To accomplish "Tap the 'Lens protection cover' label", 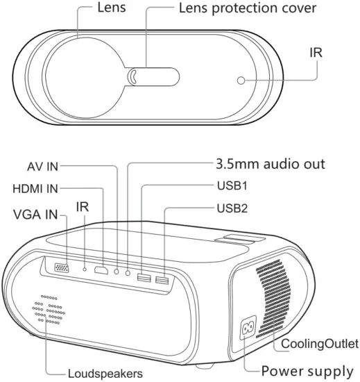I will (x=238, y=9).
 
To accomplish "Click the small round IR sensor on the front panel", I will (x=241, y=81).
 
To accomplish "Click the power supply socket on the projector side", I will (x=248, y=329).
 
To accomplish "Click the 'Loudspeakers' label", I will (x=105, y=373).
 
